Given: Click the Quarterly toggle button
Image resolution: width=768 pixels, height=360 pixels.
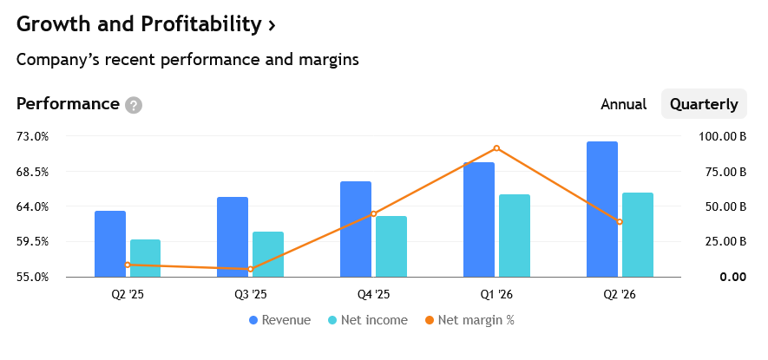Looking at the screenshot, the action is tap(704, 104).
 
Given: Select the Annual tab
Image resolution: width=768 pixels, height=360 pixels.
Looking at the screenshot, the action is tap(623, 104).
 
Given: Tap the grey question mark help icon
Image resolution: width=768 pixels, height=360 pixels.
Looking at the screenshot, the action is tap(134, 105).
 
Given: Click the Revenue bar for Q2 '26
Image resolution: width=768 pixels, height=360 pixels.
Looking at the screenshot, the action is tap(602, 209).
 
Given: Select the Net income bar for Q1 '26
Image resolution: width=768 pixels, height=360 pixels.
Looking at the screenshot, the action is tap(515, 236).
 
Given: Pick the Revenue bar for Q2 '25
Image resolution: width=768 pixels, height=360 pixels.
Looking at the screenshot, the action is tap(110, 244).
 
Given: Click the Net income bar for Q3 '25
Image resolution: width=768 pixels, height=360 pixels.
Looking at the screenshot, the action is tap(268, 254).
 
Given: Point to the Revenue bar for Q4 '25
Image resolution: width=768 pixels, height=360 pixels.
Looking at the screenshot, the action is tap(356, 229).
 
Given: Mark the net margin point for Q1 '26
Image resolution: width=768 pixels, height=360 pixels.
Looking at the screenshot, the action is tap(496, 148).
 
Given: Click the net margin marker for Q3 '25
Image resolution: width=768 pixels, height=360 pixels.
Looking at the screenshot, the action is tap(250, 269).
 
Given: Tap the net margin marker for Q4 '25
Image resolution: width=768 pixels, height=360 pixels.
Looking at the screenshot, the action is tap(374, 213).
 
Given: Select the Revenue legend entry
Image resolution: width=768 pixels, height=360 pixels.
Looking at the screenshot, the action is tap(279, 320).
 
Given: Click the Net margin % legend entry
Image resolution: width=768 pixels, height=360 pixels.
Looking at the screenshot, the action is tap(469, 320).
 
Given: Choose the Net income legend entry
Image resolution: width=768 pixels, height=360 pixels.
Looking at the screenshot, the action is tap(367, 320).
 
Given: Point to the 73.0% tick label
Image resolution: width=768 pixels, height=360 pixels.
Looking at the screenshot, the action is tap(32, 136).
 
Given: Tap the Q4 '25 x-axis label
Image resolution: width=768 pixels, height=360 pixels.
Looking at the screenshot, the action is tap(373, 294).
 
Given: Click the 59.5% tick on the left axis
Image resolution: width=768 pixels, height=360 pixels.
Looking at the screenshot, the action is tap(32, 241).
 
